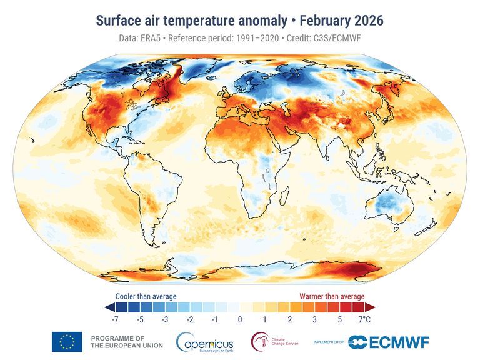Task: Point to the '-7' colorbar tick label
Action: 115,320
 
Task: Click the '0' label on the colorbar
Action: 239,320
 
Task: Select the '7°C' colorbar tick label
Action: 365,320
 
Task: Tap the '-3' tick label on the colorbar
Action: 164,320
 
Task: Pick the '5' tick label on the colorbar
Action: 339,320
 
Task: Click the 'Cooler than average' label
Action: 146,296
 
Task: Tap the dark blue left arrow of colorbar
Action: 109,307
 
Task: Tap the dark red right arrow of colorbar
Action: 370,307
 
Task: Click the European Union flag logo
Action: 67,342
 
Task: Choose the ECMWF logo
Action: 388,342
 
